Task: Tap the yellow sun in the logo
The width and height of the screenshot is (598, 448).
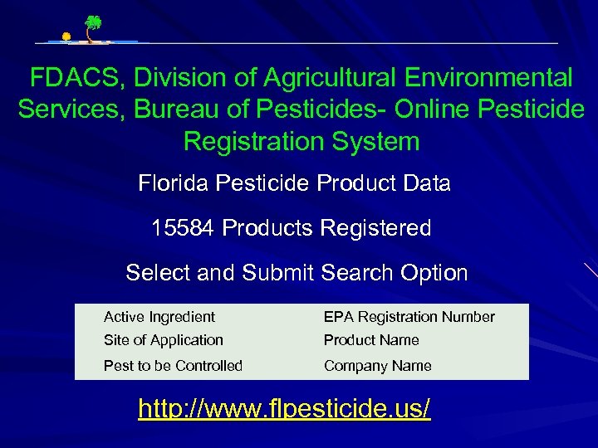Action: click(x=66, y=37)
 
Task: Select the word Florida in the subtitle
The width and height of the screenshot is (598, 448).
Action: click(x=174, y=183)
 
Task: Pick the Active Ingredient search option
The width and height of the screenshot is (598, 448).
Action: click(x=159, y=317)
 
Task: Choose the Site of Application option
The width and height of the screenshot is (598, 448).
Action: click(x=163, y=340)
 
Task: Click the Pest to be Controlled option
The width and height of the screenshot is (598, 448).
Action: click(x=173, y=366)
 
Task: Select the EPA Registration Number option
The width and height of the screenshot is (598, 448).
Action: click(x=409, y=317)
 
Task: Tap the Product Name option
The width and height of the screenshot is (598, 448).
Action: click(x=371, y=340)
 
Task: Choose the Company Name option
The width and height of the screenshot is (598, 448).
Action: click(x=377, y=366)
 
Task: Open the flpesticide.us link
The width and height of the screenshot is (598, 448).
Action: click(x=284, y=408)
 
